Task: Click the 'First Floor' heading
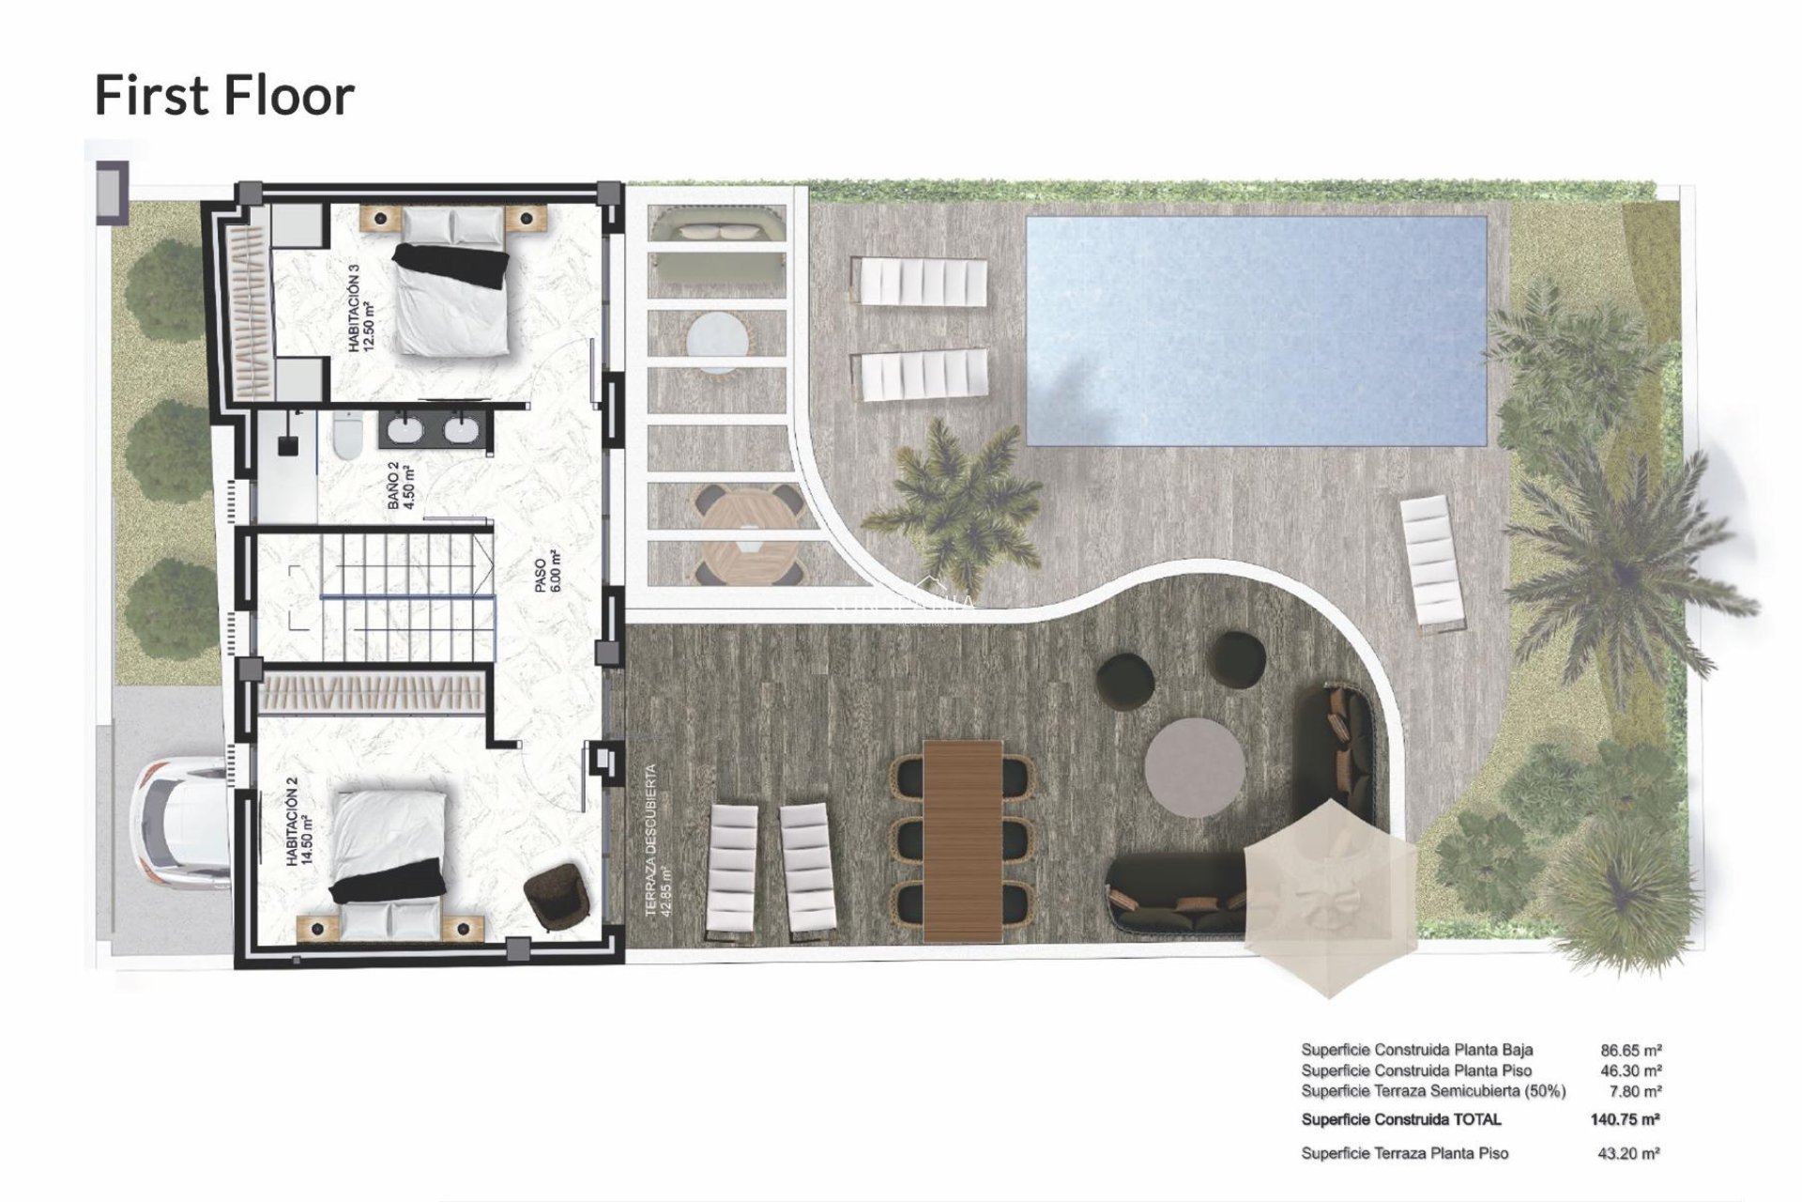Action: (x=224, y=96)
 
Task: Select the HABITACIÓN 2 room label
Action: (x=298, y=826)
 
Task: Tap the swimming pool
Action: (x=1256, y=331)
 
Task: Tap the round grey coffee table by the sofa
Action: (x=1195, y=768)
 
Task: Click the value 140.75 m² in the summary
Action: (x=1625, y=1119)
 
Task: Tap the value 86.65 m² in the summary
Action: (x=1630, y=1051)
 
